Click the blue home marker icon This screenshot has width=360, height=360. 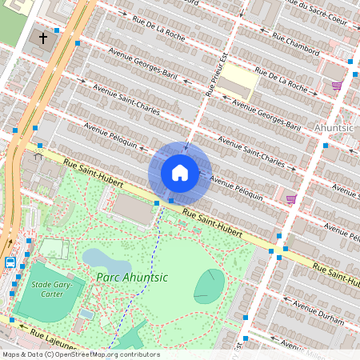coord(180,172)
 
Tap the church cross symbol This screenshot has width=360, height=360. coord(43,38)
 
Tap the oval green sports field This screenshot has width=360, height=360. coord(210,286)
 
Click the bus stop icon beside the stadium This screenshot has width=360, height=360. coord(10,262)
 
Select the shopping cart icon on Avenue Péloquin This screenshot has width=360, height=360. coord(290,198)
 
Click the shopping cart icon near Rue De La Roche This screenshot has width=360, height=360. coord(337,85)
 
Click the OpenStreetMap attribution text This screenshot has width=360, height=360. coord(80,354)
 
